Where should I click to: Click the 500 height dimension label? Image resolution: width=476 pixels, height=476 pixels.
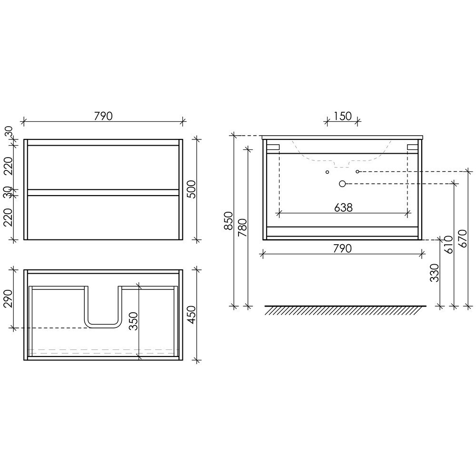click(191, 189)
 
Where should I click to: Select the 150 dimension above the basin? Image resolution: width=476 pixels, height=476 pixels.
click(343, 116)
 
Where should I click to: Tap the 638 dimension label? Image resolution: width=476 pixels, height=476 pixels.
click(343, 208)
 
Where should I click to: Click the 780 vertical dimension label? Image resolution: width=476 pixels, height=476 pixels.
click(243, 228)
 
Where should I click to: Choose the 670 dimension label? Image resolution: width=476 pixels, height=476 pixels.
click(463, 238)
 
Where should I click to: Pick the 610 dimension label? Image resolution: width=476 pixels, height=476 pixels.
click(448, 245)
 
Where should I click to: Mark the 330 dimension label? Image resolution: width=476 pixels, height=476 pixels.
click(435, 273)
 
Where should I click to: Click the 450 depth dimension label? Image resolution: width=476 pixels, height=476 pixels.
click(191, 315)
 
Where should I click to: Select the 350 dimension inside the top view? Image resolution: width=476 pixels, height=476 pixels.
click(133, 321)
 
